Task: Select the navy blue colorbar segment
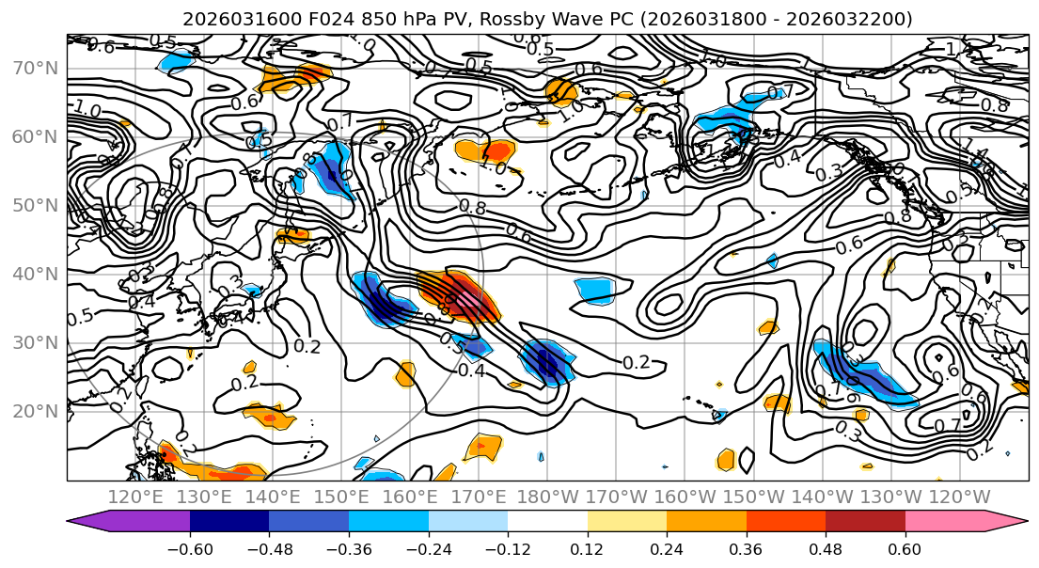point(229,521)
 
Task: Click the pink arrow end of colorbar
point(1006,521)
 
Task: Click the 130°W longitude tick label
point(891,497)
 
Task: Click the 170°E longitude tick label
point(479,497)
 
